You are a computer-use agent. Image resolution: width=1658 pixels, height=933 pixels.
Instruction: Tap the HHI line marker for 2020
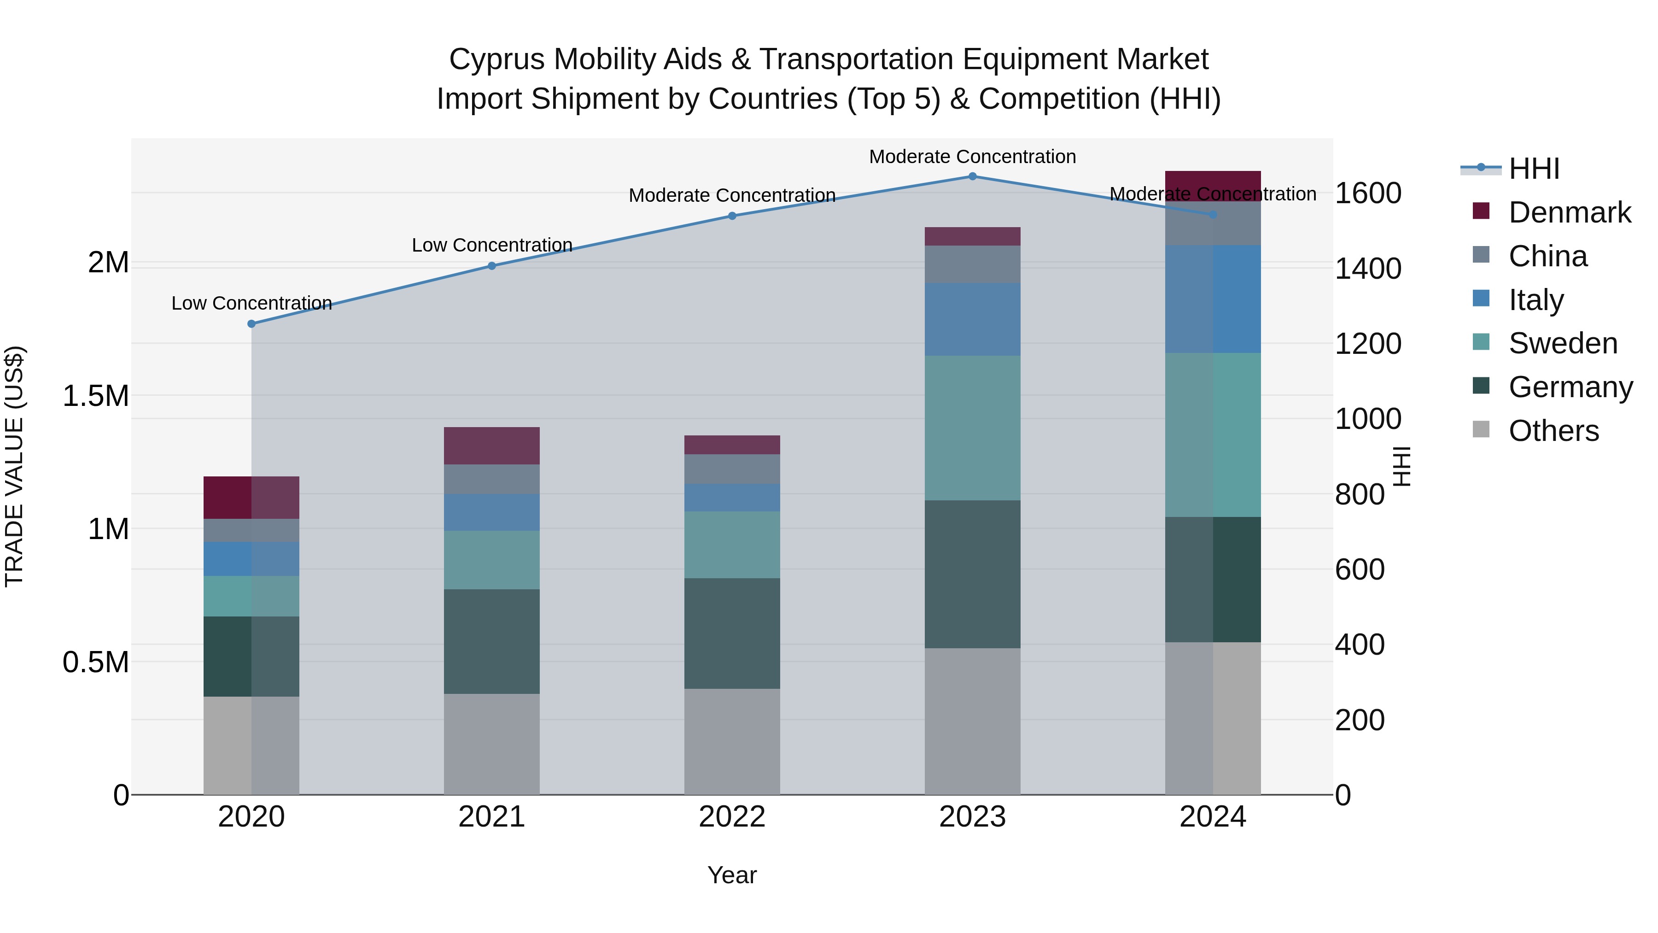point(251,324)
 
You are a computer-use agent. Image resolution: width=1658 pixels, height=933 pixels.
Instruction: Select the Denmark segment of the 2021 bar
point(492,446)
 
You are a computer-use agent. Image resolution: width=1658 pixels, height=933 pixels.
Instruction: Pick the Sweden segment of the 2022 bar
point(732,545)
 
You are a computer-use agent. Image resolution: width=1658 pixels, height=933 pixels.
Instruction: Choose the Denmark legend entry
point(1569,212)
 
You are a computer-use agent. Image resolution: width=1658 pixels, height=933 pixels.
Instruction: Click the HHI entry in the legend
point(1533,169)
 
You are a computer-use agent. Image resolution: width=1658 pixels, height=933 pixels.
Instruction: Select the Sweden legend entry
point(1562,343)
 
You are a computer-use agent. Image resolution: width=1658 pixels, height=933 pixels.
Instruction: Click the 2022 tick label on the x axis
point(732,817)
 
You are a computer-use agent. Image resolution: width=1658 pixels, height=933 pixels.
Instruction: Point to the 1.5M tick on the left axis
point(96,396)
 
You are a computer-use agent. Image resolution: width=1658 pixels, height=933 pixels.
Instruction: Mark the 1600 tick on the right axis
point(1368,193)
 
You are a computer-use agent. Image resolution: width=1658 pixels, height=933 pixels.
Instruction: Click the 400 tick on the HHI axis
point(1360,645)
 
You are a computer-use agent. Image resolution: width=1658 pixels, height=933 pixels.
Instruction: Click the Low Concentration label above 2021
point(492,245)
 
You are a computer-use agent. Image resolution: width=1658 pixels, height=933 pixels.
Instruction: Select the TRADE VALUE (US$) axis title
point(14,466)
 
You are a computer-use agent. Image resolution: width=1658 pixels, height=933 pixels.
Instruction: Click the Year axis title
point(732,875)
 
